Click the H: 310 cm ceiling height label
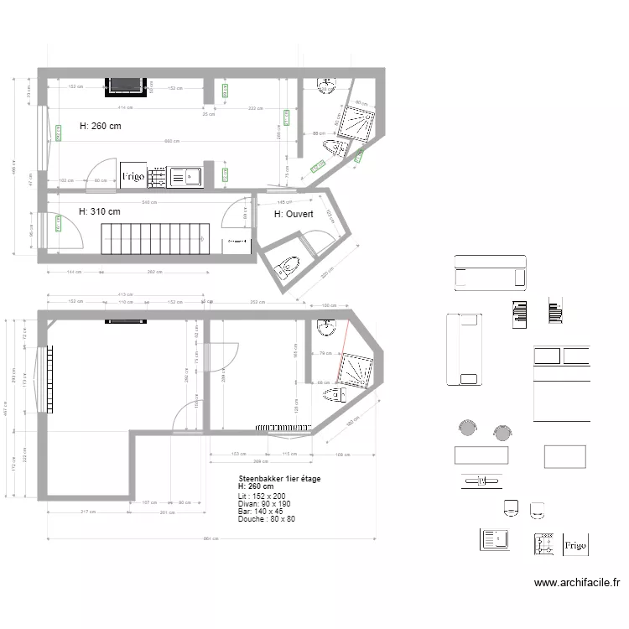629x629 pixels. [x=99, y=212]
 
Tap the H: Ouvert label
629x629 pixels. [x=294, y=215]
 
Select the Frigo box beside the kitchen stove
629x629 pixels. [x=133, y=176]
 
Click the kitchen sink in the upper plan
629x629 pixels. [x=185, y=177]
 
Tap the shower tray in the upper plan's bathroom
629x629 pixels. [x=360, y=125]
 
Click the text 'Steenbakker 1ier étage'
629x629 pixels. [x=278, y=479]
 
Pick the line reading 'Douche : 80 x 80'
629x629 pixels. [x=267, y=519]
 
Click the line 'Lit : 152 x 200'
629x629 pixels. [x=263, y=496]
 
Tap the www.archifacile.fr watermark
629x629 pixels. [x=577, y=582]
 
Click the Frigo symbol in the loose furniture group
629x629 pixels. [x=575, y=544]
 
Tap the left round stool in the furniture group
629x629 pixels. [x=465, y=430]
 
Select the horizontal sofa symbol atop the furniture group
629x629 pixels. [x=490, y=273]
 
